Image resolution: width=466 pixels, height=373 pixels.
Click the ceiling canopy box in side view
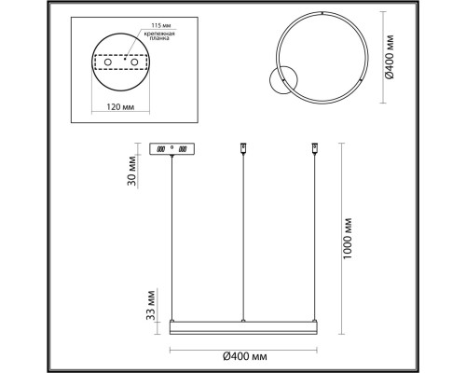click(172, 149)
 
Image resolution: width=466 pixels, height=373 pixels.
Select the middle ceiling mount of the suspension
click(242, 147)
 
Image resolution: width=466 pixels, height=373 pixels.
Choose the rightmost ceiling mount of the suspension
click(314, 147)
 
